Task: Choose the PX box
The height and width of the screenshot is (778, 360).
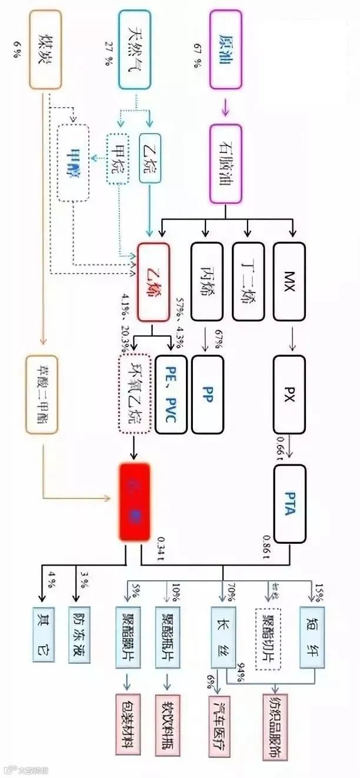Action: (x=290, y=392)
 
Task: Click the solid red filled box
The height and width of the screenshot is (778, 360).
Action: (x=135, y=501)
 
